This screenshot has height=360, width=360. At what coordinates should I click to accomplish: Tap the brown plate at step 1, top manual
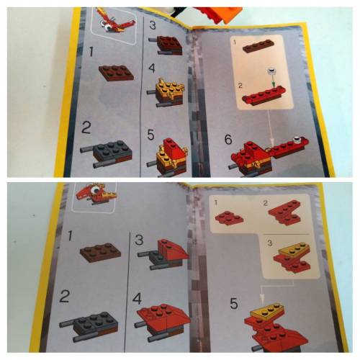pos(114,72)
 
